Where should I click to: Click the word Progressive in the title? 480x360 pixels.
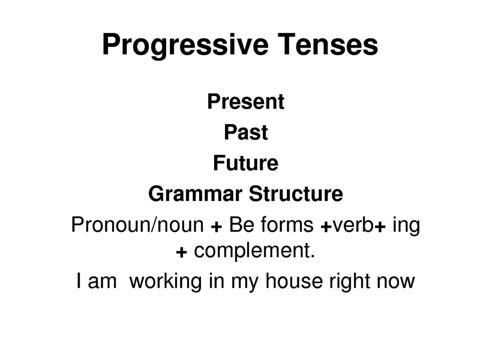pos(186,46)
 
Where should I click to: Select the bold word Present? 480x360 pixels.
pos(246,101)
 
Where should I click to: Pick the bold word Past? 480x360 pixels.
pos(246,132)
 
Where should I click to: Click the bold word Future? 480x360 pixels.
pos(246,163)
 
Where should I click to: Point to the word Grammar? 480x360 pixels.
pos(195,194)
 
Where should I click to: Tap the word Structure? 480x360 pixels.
pos(296,194)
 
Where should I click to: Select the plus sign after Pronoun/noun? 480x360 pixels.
pos(217,227)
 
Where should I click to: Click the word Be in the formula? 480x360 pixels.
pos(241,225)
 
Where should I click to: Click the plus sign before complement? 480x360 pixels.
pos(181,253)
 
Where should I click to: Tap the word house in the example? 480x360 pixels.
pos(294,281)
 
